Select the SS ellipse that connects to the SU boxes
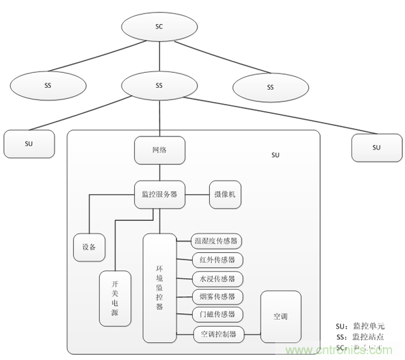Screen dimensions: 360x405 (x=159, y=85)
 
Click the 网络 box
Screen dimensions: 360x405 (x=160, y=150)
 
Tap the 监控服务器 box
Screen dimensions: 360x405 (x=160, y=194)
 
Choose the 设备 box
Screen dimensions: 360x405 (x=89, y=247)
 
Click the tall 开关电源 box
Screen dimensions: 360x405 (x=114, y=298)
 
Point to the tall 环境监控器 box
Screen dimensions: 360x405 (x=160, y=288)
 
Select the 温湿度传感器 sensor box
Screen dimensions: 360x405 (x=217, y=241)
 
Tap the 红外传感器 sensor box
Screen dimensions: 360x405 (x=217, y=260)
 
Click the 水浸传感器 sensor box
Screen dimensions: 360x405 (x=217, y=279)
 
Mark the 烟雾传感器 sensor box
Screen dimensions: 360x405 (x=217, y=298)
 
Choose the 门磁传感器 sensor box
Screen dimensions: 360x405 (x=217, y=316)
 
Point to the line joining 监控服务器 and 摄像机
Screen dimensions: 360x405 (x=197, y=194)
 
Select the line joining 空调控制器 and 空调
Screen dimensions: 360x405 (x=252, y=335)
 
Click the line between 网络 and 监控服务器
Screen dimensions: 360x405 (x=160, y=173)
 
